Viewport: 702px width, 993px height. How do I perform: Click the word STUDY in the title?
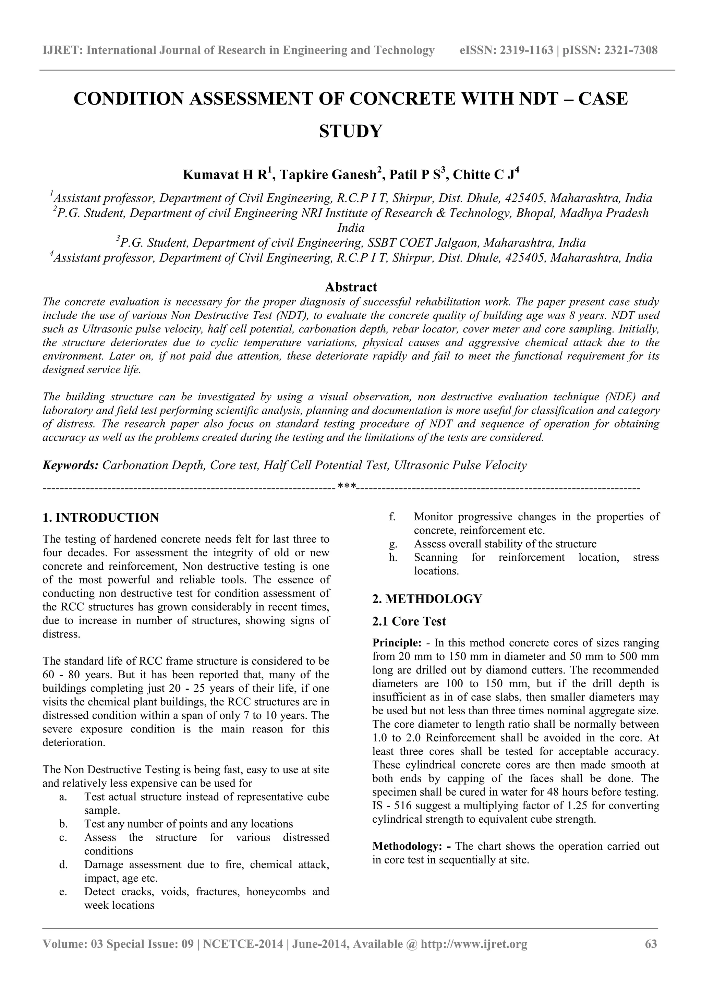pyautogui.click(x=351, y=131)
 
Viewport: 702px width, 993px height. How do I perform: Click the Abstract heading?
pyautogui.click(x=351, y=287)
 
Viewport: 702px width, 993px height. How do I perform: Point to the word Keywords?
pyautogui.click(x=71, y=465)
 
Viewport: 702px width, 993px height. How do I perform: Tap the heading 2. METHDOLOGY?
pyautogui.click(x=427, y=599)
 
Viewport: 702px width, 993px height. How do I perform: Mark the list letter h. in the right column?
pyautogui.click(x=393, y=557)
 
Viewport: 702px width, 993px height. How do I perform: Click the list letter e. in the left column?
pyautogui.click(x=63, y=892)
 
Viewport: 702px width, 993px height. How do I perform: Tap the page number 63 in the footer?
pyautogui.click(x=651, y=956)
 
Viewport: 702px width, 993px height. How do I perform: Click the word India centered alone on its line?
pyautogui.click(x=351, y=228)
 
